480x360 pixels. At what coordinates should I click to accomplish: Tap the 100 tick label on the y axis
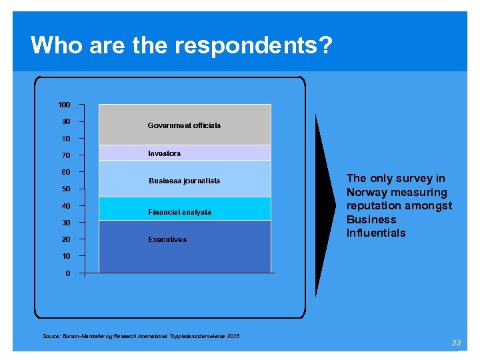(x=64, y=105)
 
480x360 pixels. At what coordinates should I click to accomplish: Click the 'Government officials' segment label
(x=184, y=125)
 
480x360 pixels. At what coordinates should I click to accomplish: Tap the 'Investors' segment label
(x=164, y=153)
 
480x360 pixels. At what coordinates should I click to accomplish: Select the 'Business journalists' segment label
(x=184, y=181)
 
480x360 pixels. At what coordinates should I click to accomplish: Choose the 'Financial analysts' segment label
(x=179, y=212)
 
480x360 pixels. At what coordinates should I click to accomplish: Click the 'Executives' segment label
(x=167, y=239)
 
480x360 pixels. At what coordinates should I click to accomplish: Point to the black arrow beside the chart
(x=325, y=193)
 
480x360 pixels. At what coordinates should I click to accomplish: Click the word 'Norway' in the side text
(x=367, y=192)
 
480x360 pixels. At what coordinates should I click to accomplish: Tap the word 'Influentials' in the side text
(x=376, y=233)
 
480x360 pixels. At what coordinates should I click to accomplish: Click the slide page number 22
(x=456, y=343)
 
